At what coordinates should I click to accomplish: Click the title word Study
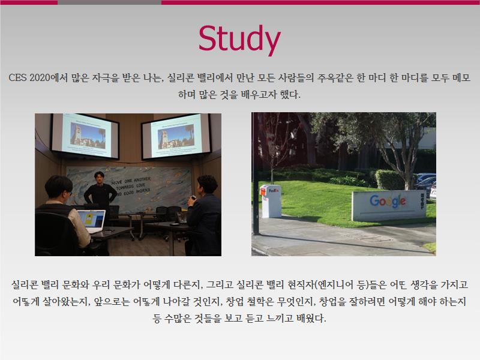[239, 39]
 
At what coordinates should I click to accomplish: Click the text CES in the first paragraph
[17, 78]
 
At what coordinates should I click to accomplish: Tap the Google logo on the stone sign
[388, 201]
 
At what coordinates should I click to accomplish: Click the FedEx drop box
[271, 201]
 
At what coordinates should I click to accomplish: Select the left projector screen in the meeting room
[85, 136]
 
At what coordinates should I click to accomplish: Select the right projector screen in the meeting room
[176, 136]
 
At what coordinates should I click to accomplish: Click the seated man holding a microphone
[203, 215]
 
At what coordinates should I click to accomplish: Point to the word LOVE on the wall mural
[140, 185]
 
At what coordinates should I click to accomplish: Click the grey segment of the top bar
[109, 2]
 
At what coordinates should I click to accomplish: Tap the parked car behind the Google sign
[425, 181]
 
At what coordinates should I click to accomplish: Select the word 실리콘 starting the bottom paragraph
[24, 285]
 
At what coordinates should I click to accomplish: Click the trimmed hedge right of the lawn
[391, 179]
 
